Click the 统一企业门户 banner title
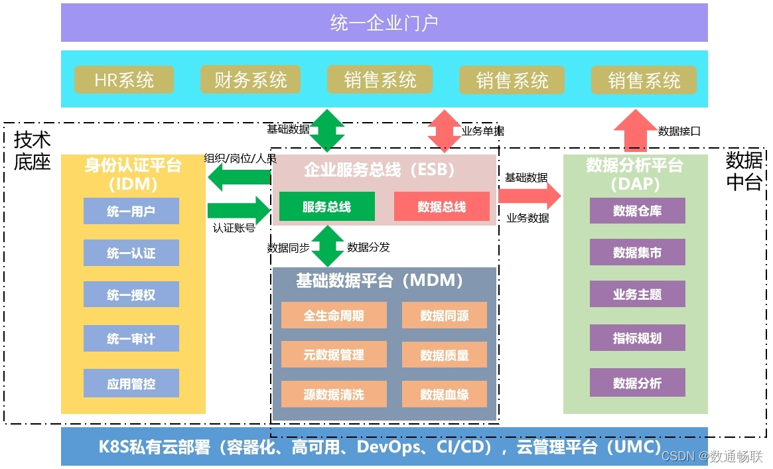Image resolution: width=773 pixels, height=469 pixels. pos(384,23)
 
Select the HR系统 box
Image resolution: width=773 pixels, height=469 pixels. pos(124,80)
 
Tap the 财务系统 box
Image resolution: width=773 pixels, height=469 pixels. pos(250,80)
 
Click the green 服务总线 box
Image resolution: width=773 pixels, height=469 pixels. pos(326,206)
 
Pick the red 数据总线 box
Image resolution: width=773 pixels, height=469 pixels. pos(441,206)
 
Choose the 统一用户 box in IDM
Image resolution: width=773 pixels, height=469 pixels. pos(131,211)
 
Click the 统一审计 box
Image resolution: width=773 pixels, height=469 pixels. pos(131,338)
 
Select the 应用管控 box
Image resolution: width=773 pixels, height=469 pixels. pos(131,383)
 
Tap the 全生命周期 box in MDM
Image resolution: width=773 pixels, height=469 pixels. pos(334,315)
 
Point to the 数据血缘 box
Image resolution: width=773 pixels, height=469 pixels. pos(444,394)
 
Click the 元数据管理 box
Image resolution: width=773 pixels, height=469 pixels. pos(334,355)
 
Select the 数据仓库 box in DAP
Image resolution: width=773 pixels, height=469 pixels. pos(637,211)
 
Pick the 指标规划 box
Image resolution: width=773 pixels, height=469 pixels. pos(637,338)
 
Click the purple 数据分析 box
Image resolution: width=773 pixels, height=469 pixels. pos(637,383)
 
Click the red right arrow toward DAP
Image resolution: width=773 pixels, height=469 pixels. pos(529,195)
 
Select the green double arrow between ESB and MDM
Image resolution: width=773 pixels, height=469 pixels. pos(328,246)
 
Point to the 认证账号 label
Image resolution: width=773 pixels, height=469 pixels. pos(234,228)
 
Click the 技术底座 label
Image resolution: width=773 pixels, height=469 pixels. pos(33,151)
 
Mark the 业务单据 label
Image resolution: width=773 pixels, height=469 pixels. pos(482,131)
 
